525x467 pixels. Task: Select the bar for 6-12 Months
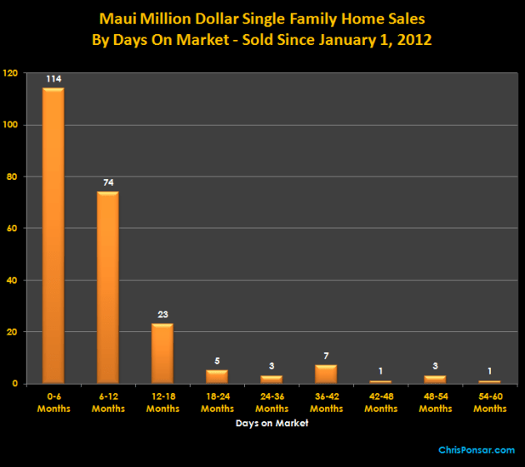pyautogui.click(x=107, y=287)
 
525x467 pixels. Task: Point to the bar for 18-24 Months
pyautogui.click(x=217, y=376)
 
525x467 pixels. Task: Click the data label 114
pyautogui.click(x=53, y=79)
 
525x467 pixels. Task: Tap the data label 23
pyautogui.click(x=162, y=315)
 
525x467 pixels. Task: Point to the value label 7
pyautogui.click(x=326, y=356)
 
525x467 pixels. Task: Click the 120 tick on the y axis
pyautogui.click(x=10, y=73)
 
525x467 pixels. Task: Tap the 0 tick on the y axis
pyautogui.click(x=15, y=384)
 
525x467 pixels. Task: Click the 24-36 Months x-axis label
pyautogui.click(x=272, y=403)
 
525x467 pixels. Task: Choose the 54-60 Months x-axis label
pyautogui.click(x=490, y=403)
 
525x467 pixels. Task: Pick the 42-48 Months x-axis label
pyautogui.click(x=381, y=403)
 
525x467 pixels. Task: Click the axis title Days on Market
pyautogui.click(x=271, y=423)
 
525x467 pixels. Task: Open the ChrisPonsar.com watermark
pyautogui.click(x=477, y=450)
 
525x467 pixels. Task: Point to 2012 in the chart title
pyautogui.click(x=412, y=39)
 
